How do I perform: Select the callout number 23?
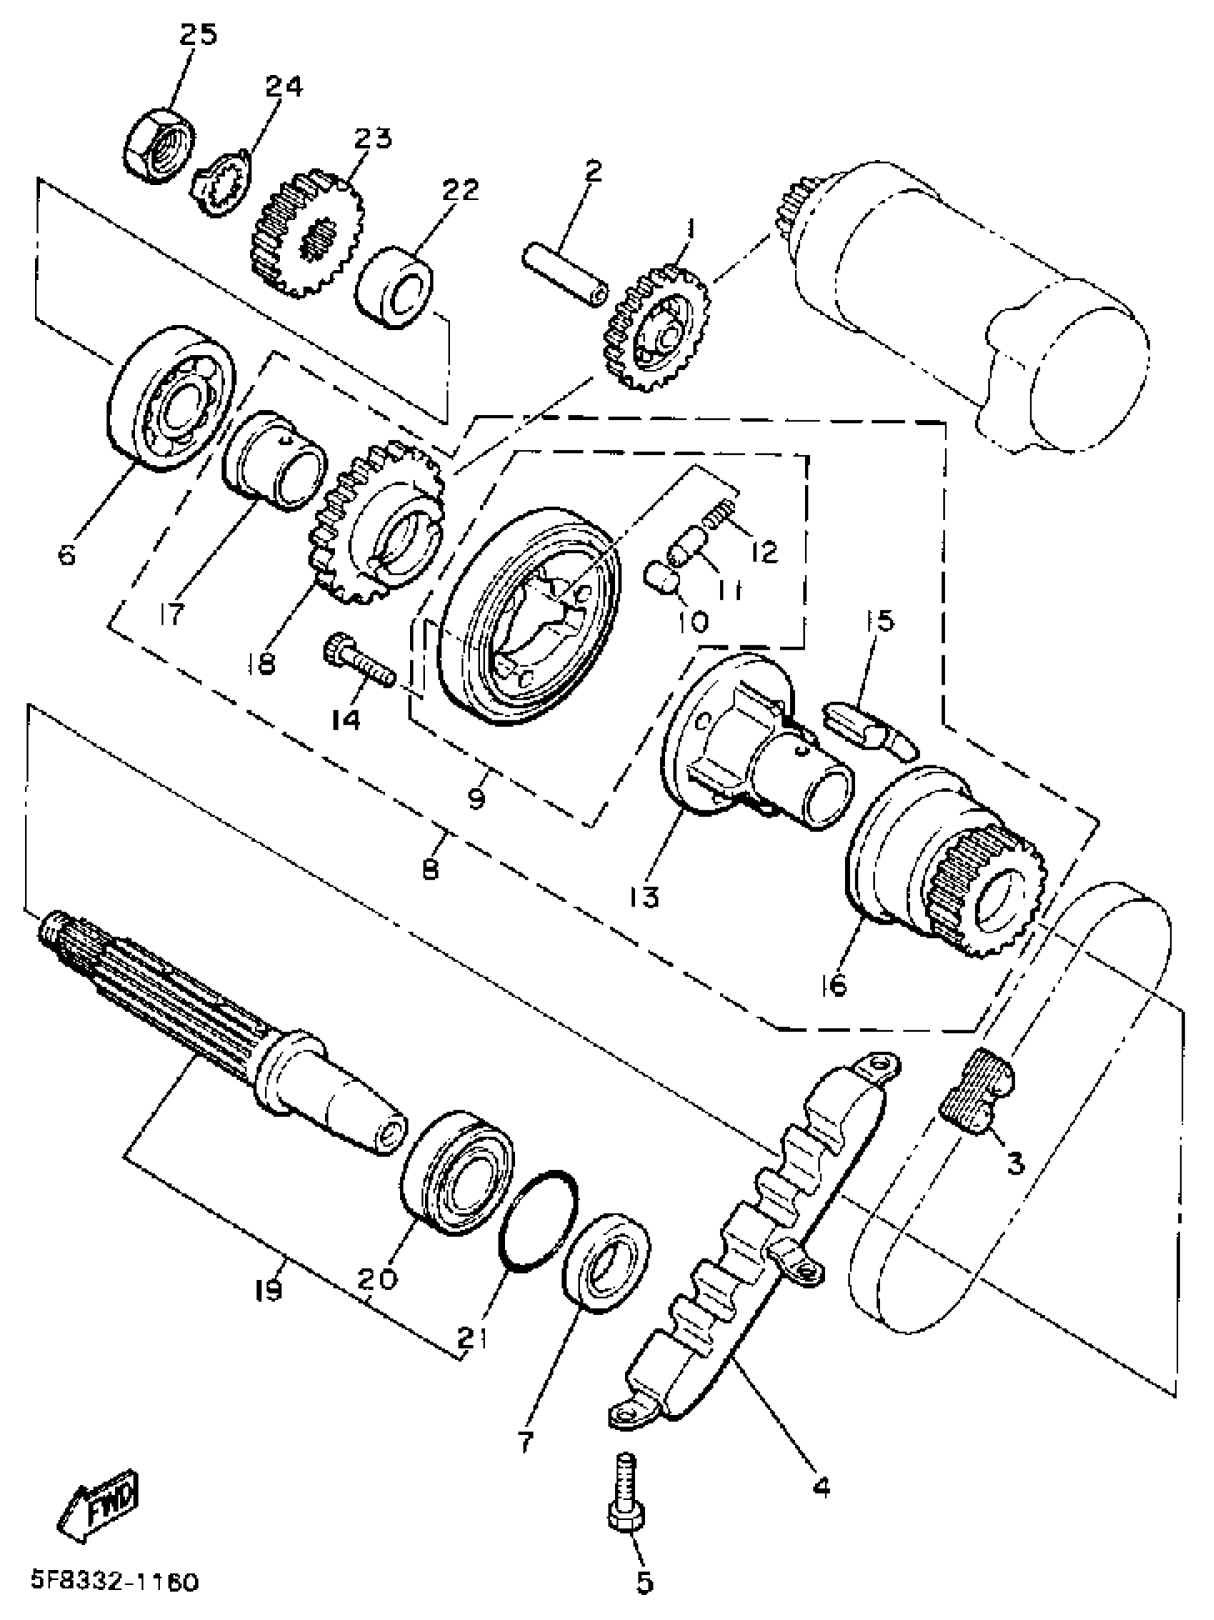point(373,138)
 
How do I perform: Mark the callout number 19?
point(269,1289)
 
